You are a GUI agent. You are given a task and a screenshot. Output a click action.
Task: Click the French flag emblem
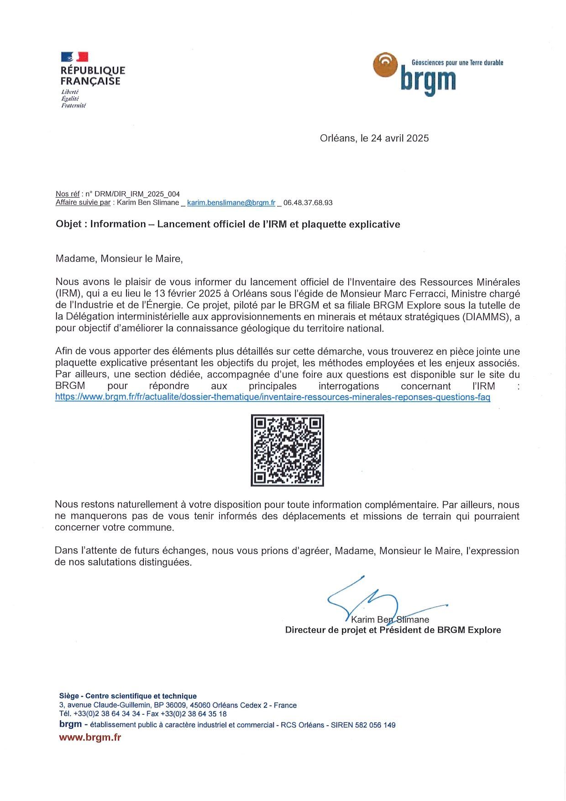[x=74, y=57]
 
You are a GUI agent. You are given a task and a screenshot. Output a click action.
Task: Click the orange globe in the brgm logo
[x=385, y=65]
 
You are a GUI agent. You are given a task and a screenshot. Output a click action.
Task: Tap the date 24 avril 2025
[x=399, y=138]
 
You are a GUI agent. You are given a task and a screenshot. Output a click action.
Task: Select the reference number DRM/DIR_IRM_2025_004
[x=137, y=194]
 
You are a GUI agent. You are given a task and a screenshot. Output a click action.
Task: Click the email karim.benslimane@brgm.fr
[x=231, y=203]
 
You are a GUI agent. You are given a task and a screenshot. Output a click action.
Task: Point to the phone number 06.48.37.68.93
[x=308, y=203]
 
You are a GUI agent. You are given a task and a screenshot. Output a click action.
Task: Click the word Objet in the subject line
[x=68, y=224]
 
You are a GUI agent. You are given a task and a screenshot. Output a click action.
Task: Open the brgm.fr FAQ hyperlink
[x=273, y=397]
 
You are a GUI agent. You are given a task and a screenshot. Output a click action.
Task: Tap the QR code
[x=287, y=450]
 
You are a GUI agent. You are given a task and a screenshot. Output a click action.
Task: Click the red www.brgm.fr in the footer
[x=90, y=738]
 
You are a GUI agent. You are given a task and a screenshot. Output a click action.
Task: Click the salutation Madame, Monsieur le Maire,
[x=119, y=259]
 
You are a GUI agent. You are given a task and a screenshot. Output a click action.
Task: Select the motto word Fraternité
[x=73, y=105]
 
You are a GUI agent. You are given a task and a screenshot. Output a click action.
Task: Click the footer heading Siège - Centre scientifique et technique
[x=128, y=696]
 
